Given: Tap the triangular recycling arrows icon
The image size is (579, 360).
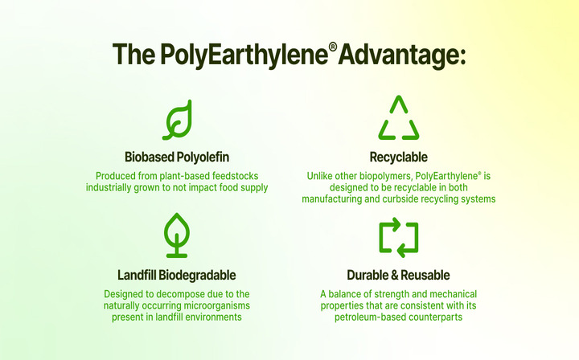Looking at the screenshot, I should click(x=399, y=119).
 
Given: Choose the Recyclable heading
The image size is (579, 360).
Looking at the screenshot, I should click(x=399, y=156).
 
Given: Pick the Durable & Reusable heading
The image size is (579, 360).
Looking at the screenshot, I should click(x=399, y=275).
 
